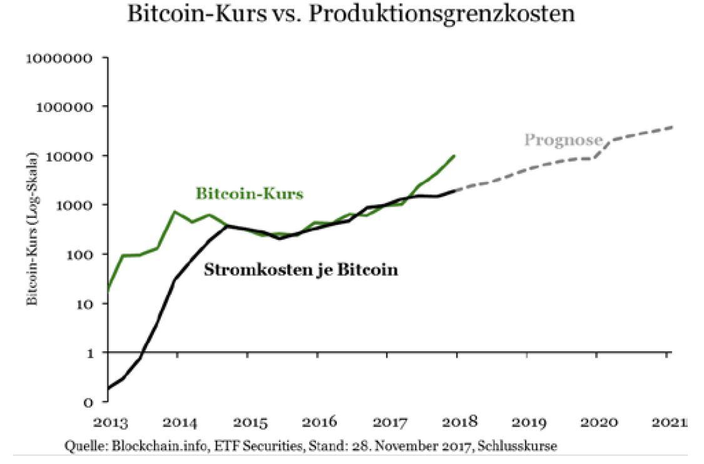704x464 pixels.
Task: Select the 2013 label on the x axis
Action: pos(108,422)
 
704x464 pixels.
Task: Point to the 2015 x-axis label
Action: pos(248,422)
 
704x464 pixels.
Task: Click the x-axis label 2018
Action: pos(457,422)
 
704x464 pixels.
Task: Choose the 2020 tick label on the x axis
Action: pos(597,422)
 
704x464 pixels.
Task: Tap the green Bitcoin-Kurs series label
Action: pos(249,194)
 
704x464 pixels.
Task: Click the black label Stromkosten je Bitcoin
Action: pos(301,271)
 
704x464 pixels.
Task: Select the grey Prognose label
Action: pos(563,140)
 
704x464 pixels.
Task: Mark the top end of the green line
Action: pos(454,155)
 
